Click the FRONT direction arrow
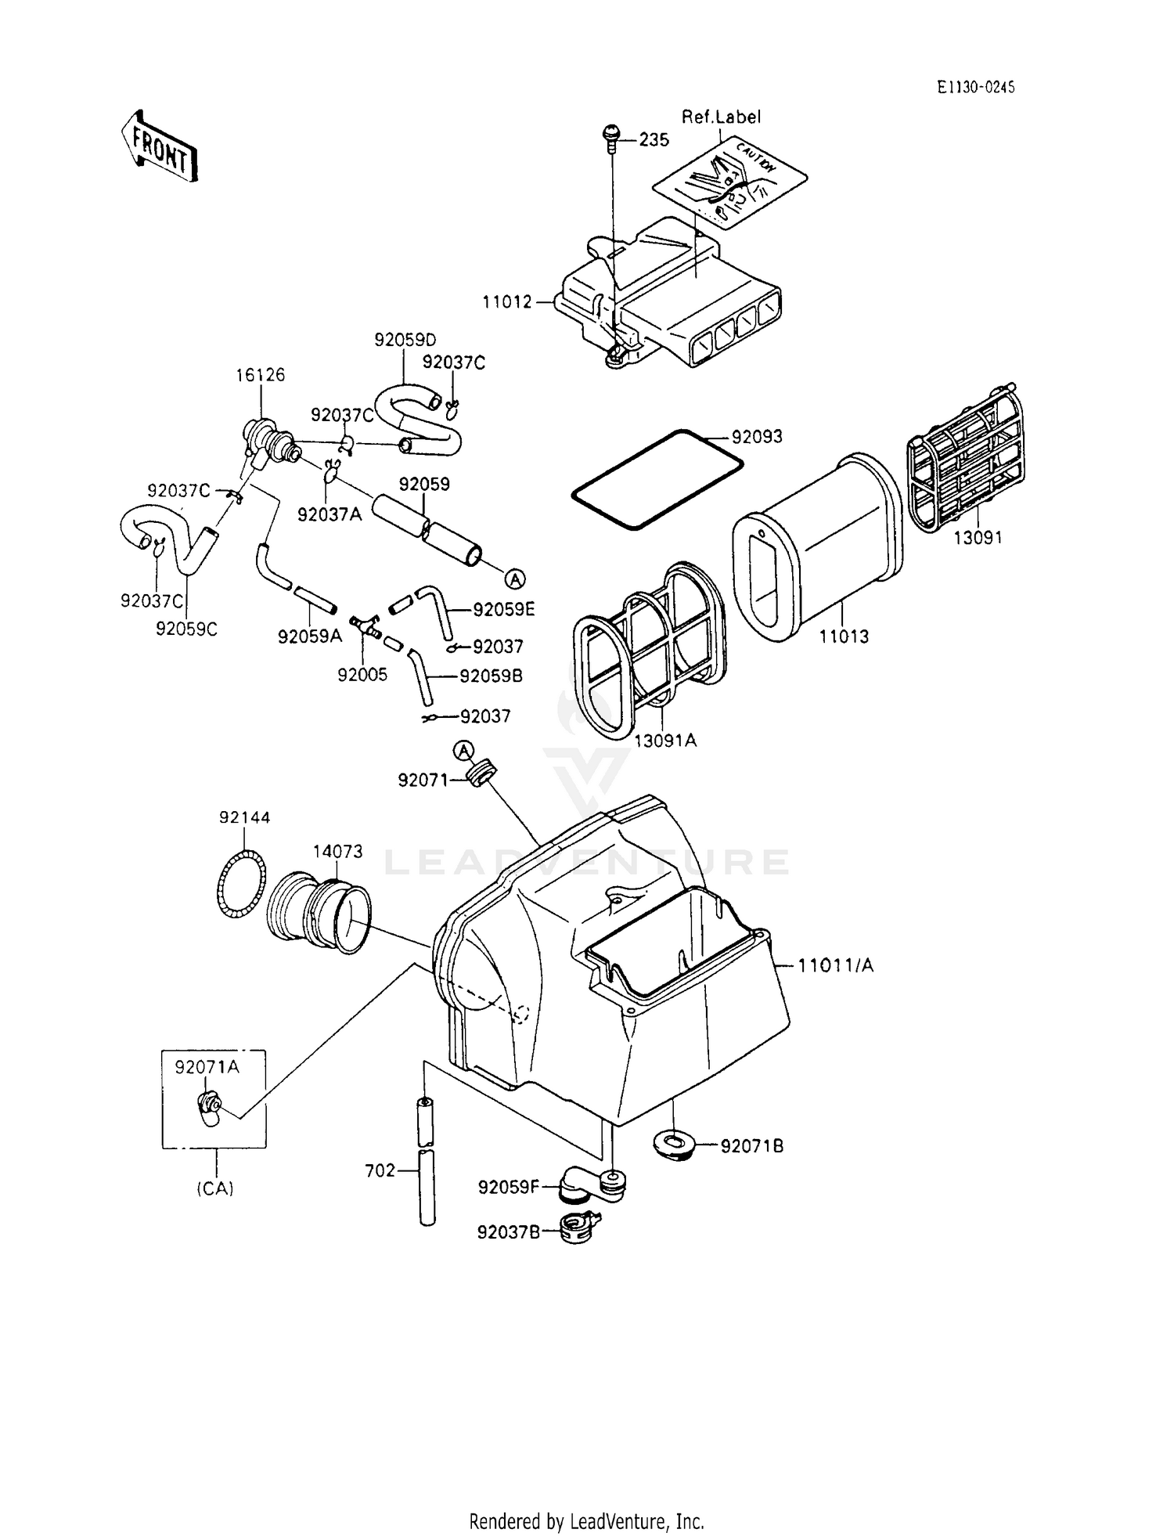click(x=160, y=146)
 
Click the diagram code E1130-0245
click(x=975, y=88)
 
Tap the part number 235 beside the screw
click(x=654, y=140)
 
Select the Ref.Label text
click(x=721, y=117)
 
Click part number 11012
click(x=507, y=301)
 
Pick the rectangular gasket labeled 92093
click(x=656, y=479)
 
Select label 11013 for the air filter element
click(x=844, y=636)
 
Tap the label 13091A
click(x=664, y=740)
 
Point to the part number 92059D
click(x=405, y=340)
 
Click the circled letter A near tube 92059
click(x=514, y=579)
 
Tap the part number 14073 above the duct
click(x=337, y=851)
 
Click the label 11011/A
click(x=835, y=966)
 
